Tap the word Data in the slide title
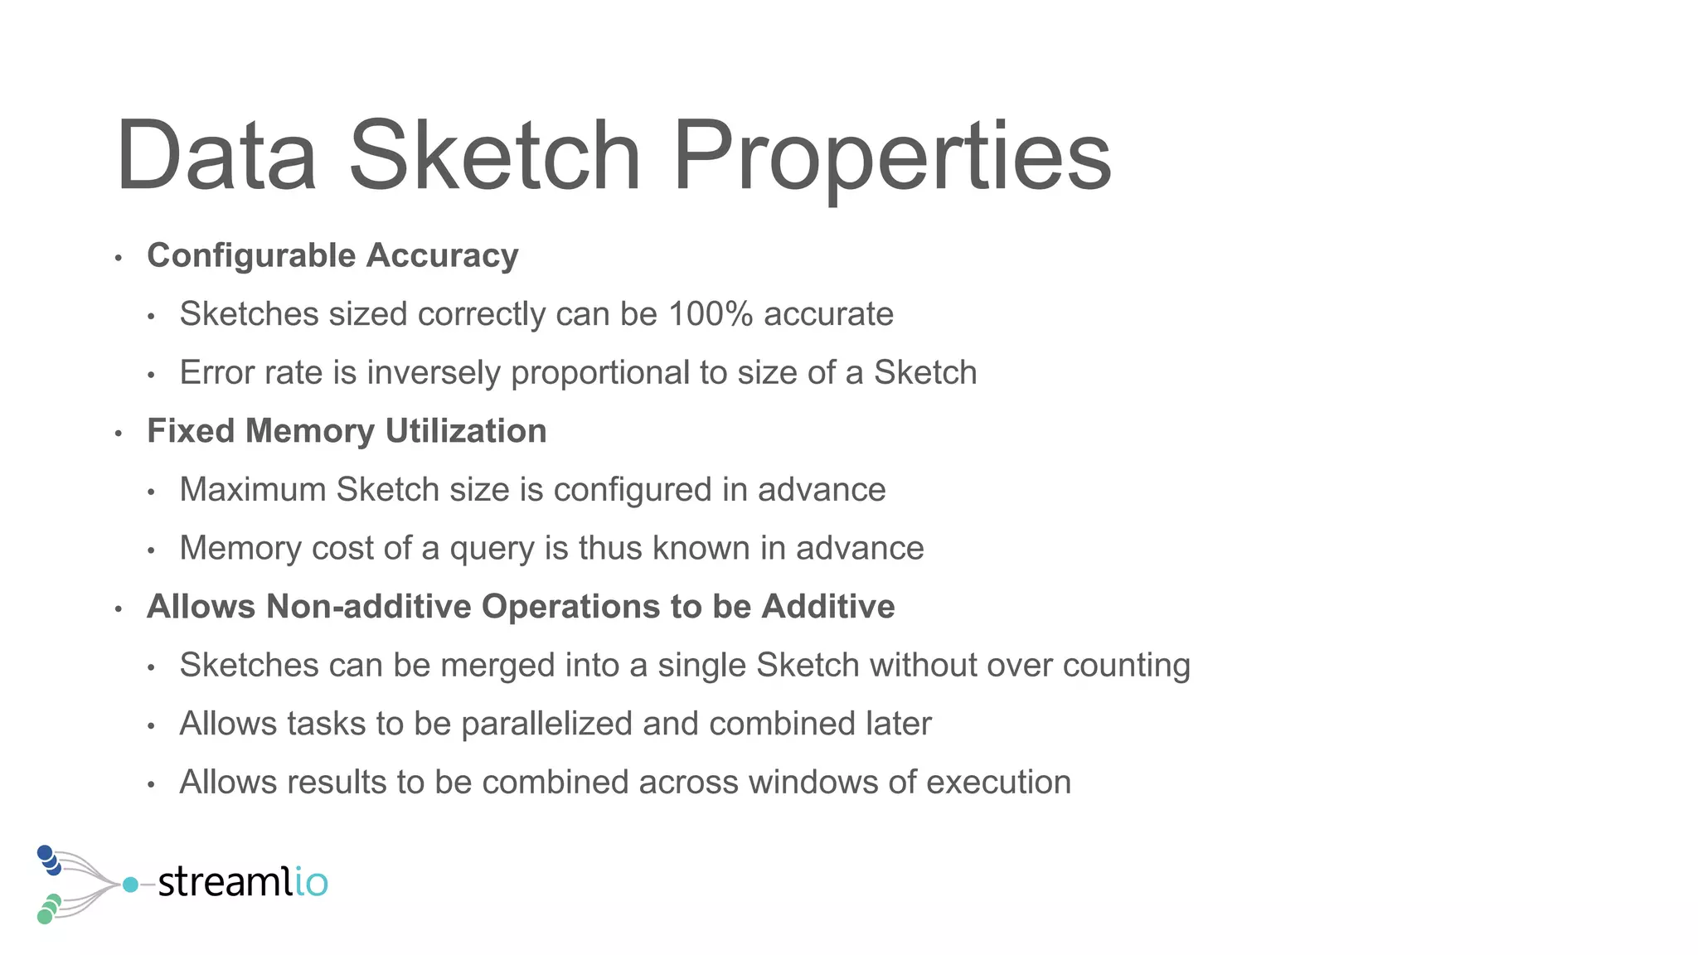(216, 158)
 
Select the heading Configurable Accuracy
(332, 255)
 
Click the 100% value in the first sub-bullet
(711, 314)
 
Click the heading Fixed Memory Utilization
(347, 431)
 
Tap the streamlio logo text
(243, 882)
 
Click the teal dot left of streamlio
(130, 885)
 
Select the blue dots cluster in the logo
(49, 860)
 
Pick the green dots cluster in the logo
(49, 909)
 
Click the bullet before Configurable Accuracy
(119, 258)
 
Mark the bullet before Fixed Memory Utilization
(119, 434)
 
